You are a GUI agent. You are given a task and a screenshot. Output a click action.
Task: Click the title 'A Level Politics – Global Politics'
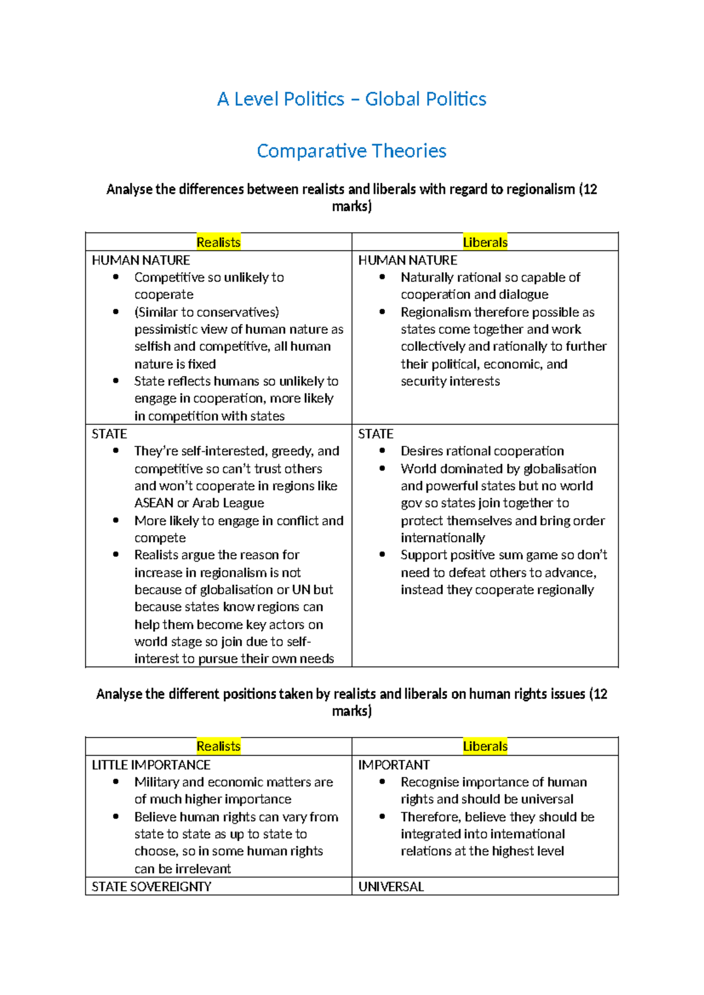click(351, 99)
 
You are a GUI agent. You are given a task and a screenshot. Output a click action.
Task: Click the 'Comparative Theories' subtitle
click(351, 151)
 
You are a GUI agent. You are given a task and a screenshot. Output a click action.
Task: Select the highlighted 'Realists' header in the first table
click(218, 242)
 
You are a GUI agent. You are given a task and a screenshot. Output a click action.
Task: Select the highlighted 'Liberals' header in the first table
click(485, 242)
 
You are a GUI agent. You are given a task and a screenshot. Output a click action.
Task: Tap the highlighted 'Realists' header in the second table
click(218, 746)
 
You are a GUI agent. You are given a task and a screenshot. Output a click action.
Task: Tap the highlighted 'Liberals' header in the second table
click(485, 746)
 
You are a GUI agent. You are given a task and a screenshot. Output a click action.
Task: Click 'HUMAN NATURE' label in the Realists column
click(141, 260)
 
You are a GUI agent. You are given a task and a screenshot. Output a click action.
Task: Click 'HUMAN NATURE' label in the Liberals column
click(407, 260)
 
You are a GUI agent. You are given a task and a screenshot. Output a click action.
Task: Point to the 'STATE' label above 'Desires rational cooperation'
click(375, 434)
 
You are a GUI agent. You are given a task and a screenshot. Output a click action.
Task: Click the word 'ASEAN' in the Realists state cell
click(154, 503)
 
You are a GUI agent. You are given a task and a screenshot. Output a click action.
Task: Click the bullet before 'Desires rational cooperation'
click(383, 451)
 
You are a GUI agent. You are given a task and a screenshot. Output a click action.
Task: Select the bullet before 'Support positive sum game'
click(383, 555)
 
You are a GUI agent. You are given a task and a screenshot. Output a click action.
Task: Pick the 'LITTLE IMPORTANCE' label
click(151, 765)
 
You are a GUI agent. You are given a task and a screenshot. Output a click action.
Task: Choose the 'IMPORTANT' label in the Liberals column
click(394, 765)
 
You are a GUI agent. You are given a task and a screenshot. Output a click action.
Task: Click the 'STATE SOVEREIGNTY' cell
click(151, 886)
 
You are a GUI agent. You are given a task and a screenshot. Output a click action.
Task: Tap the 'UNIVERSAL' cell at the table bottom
click(391, 886)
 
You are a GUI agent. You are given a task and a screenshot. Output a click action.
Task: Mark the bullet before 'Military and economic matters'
click(116, 782)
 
